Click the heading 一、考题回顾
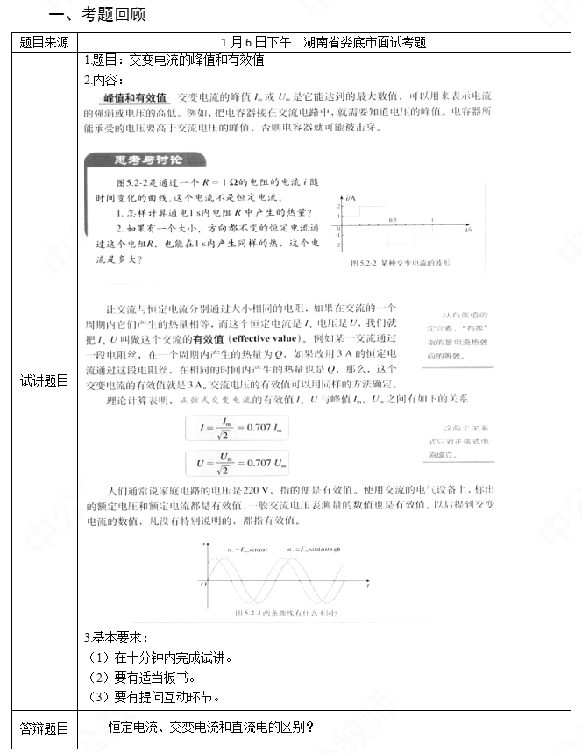click(x=97, y=15)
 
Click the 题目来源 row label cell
click(x=44, y=42)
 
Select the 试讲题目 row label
click(x=44, y=380)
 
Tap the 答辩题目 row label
click(x=44, y=727)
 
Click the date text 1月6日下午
click(x=256, y=42)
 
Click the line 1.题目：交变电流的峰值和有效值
click(x=174, y=60)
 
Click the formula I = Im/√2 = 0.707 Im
click(x=238, y=427)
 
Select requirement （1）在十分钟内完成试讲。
click(x=162, y=657)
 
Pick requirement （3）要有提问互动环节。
click(x=155, y=697)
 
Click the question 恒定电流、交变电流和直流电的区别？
click(x=211, y=727)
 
